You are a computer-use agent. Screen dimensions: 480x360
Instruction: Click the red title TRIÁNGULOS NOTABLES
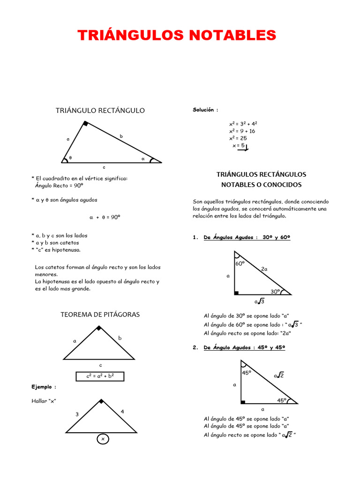[177, 35]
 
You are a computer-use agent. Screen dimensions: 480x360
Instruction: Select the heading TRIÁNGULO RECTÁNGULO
[100, 111]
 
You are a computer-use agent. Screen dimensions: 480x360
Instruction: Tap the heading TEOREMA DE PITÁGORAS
[100, 315]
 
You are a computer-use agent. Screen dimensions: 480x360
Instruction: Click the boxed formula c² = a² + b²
[100, 376]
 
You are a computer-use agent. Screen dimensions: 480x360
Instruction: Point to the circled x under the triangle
[103, 439]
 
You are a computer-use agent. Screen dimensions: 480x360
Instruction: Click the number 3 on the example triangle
[77, 414]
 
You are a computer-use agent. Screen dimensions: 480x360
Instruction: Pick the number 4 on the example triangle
[122, 412]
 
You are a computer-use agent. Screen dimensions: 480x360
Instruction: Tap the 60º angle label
[240, 264]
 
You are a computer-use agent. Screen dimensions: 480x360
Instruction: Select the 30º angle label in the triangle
[275, 291]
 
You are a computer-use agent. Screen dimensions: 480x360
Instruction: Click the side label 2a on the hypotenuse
[264, 269]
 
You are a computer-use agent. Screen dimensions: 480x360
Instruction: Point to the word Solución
[205, 110]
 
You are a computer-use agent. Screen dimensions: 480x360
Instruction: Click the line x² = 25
[238, 138]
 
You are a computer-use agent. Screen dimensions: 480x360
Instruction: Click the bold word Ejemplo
[44, 387]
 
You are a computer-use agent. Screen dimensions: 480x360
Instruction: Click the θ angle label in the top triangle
[70, 158]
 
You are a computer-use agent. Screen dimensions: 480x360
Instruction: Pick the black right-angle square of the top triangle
[85, 124]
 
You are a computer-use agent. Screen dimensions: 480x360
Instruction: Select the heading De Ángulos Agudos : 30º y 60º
[247, 238]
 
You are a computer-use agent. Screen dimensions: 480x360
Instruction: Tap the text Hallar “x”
[44, 401]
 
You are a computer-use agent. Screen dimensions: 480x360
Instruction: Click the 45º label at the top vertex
[247, 373]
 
